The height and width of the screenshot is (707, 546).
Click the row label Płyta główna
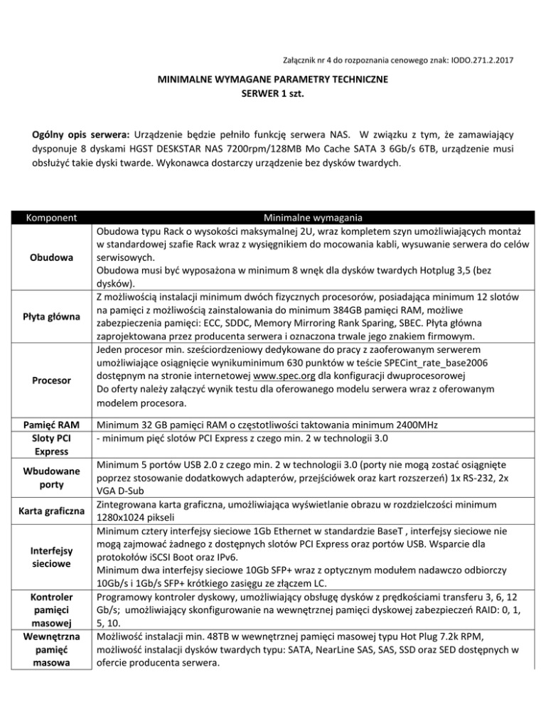[x=49, y=314]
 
